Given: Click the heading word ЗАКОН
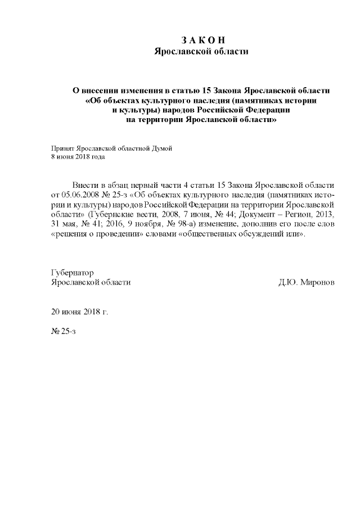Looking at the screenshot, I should click(x=203, y=40).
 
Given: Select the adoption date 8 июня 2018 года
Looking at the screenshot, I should click(x=78, y=157).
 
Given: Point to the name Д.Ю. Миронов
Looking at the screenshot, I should click(x=306, y=282).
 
